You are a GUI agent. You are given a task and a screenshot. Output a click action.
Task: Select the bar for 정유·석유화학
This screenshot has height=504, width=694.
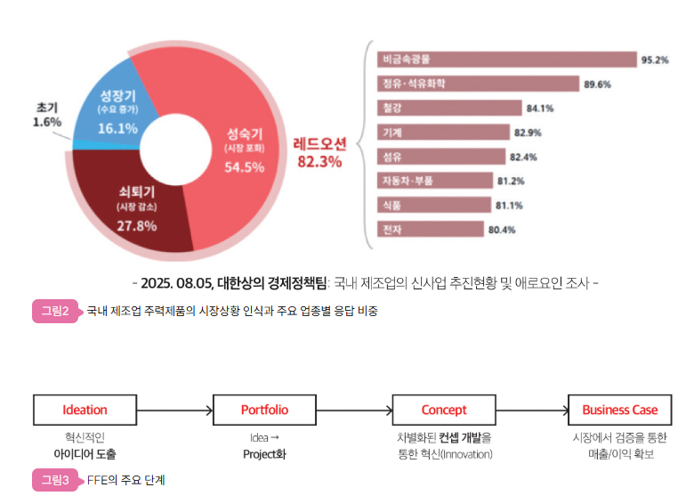point(476,84)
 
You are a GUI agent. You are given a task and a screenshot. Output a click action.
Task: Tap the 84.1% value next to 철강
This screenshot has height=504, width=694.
point(540,109)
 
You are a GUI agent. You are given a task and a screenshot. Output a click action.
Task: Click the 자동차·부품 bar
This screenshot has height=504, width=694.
point(435,181)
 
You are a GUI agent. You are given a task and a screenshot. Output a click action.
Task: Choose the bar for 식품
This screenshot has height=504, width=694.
point(434,206)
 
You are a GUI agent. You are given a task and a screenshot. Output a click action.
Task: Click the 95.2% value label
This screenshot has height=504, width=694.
point(655,60)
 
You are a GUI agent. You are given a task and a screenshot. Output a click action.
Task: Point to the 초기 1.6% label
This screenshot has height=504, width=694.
point(46,114)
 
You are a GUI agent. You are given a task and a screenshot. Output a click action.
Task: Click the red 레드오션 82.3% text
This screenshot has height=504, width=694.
point(319,152)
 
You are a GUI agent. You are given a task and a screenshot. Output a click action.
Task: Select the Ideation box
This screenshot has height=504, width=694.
point(85,411)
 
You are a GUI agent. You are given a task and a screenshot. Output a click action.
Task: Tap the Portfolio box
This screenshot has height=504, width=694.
point(264,411)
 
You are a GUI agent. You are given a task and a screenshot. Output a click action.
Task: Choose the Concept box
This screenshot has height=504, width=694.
point(443,411)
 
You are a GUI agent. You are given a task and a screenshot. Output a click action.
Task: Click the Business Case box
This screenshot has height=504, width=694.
point(619,411)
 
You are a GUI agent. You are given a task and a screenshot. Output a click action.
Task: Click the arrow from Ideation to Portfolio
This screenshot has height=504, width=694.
point(174,411)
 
